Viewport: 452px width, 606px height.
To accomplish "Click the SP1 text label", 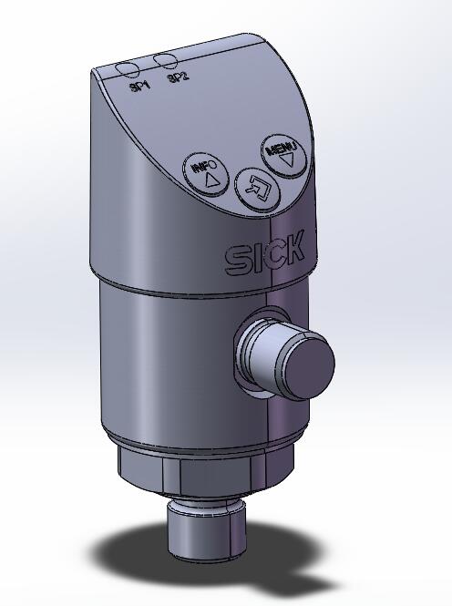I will [139, 87].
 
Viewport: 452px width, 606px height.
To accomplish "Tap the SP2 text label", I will [177, 77].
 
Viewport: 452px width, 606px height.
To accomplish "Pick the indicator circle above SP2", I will [166, 61].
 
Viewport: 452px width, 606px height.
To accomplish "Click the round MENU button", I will [283, 155].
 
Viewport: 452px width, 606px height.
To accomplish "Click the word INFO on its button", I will [204, 167].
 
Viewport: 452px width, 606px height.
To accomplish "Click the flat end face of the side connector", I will [302, 364].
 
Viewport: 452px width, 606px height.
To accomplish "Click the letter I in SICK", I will [256, 258].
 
